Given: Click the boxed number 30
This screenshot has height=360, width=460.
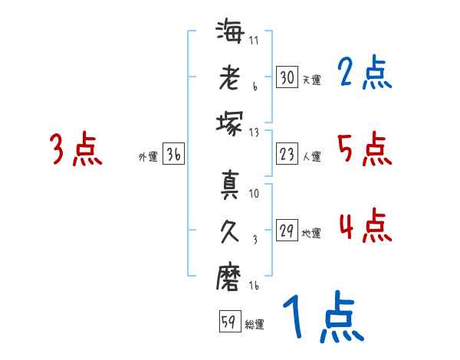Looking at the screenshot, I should pos(286,77).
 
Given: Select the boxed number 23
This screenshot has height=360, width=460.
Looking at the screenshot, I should pos(286,154).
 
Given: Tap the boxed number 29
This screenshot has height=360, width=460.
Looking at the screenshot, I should pos(286,231).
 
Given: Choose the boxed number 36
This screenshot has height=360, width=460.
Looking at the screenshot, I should pos(173,155).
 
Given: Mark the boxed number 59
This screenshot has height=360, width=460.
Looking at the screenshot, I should pos(228,322).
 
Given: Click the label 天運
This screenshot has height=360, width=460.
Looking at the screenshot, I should pos(311,80).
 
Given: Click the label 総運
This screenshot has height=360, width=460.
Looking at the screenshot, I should pos(255,325).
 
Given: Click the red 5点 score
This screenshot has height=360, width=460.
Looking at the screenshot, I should pos(364,149).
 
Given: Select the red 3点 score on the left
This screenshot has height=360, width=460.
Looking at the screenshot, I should pos(76,150).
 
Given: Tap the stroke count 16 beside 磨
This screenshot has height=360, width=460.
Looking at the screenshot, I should pos(254,286).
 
